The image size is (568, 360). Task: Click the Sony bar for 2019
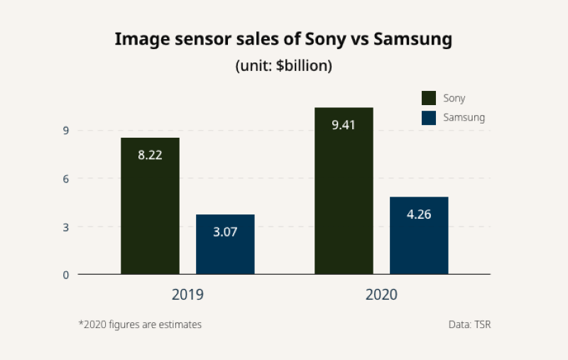pyautogui.click(x=150, y=206)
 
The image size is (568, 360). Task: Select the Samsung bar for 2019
pyautogui.click(x=225, y=244)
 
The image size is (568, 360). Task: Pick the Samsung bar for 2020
pyautogui.click(x=419, y=236)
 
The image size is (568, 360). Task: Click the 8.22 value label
pyautogui.click(x=150, y=155)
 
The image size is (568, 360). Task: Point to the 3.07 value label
pyautogui.click(x=225, y=231)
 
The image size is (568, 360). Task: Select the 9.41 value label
pyautogui.click(x=344, y=125)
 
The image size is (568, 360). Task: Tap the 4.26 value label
pyautogui.click(x=419, y=214)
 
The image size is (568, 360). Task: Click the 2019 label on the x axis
pyautogui.click(x=187, y=295)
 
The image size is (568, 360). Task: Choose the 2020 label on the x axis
pyautogui.click(x=381, y=295)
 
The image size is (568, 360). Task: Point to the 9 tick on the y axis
pyautogui.click(x=65, y=131)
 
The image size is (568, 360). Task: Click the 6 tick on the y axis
pyautogui.click(x=65, y=179)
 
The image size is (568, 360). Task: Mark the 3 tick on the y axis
pyautogui.click(x=65, y=227)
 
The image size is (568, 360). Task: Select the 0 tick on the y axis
pyautogui.click(x=65, y=275)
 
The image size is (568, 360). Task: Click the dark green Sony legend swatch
pyautogui.click(x=429, y=98)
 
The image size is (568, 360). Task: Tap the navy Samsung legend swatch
pyautogui.click(x=429, y=118)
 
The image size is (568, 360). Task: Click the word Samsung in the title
pyautogui.click(x=413, y=40)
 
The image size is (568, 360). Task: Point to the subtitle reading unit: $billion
pyautogui.click(x=284, y=66)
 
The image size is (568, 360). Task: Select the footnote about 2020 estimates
pyautogui.click(x=140, y=324)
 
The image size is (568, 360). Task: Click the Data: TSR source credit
pyautogui.click(x=469, y=324)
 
